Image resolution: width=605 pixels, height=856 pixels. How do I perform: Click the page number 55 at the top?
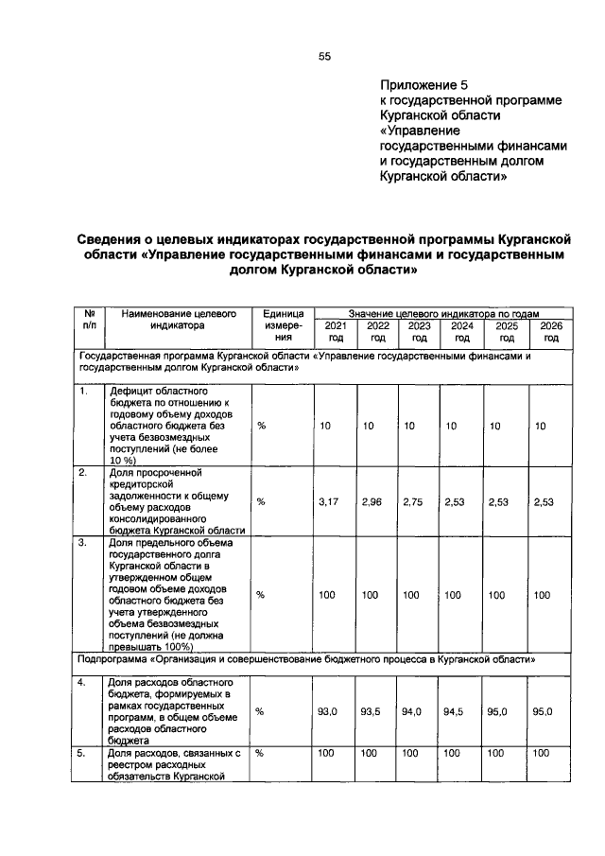click(324, 57)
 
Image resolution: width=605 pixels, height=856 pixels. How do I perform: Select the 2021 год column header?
click(336, 330)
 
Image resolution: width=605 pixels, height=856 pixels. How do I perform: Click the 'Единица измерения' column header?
click(283, 323)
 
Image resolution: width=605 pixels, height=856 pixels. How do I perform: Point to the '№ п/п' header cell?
click(88, 318)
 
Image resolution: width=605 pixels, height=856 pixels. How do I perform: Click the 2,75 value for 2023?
click(413, 501)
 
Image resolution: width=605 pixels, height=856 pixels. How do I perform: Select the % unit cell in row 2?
click(262, 501)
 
